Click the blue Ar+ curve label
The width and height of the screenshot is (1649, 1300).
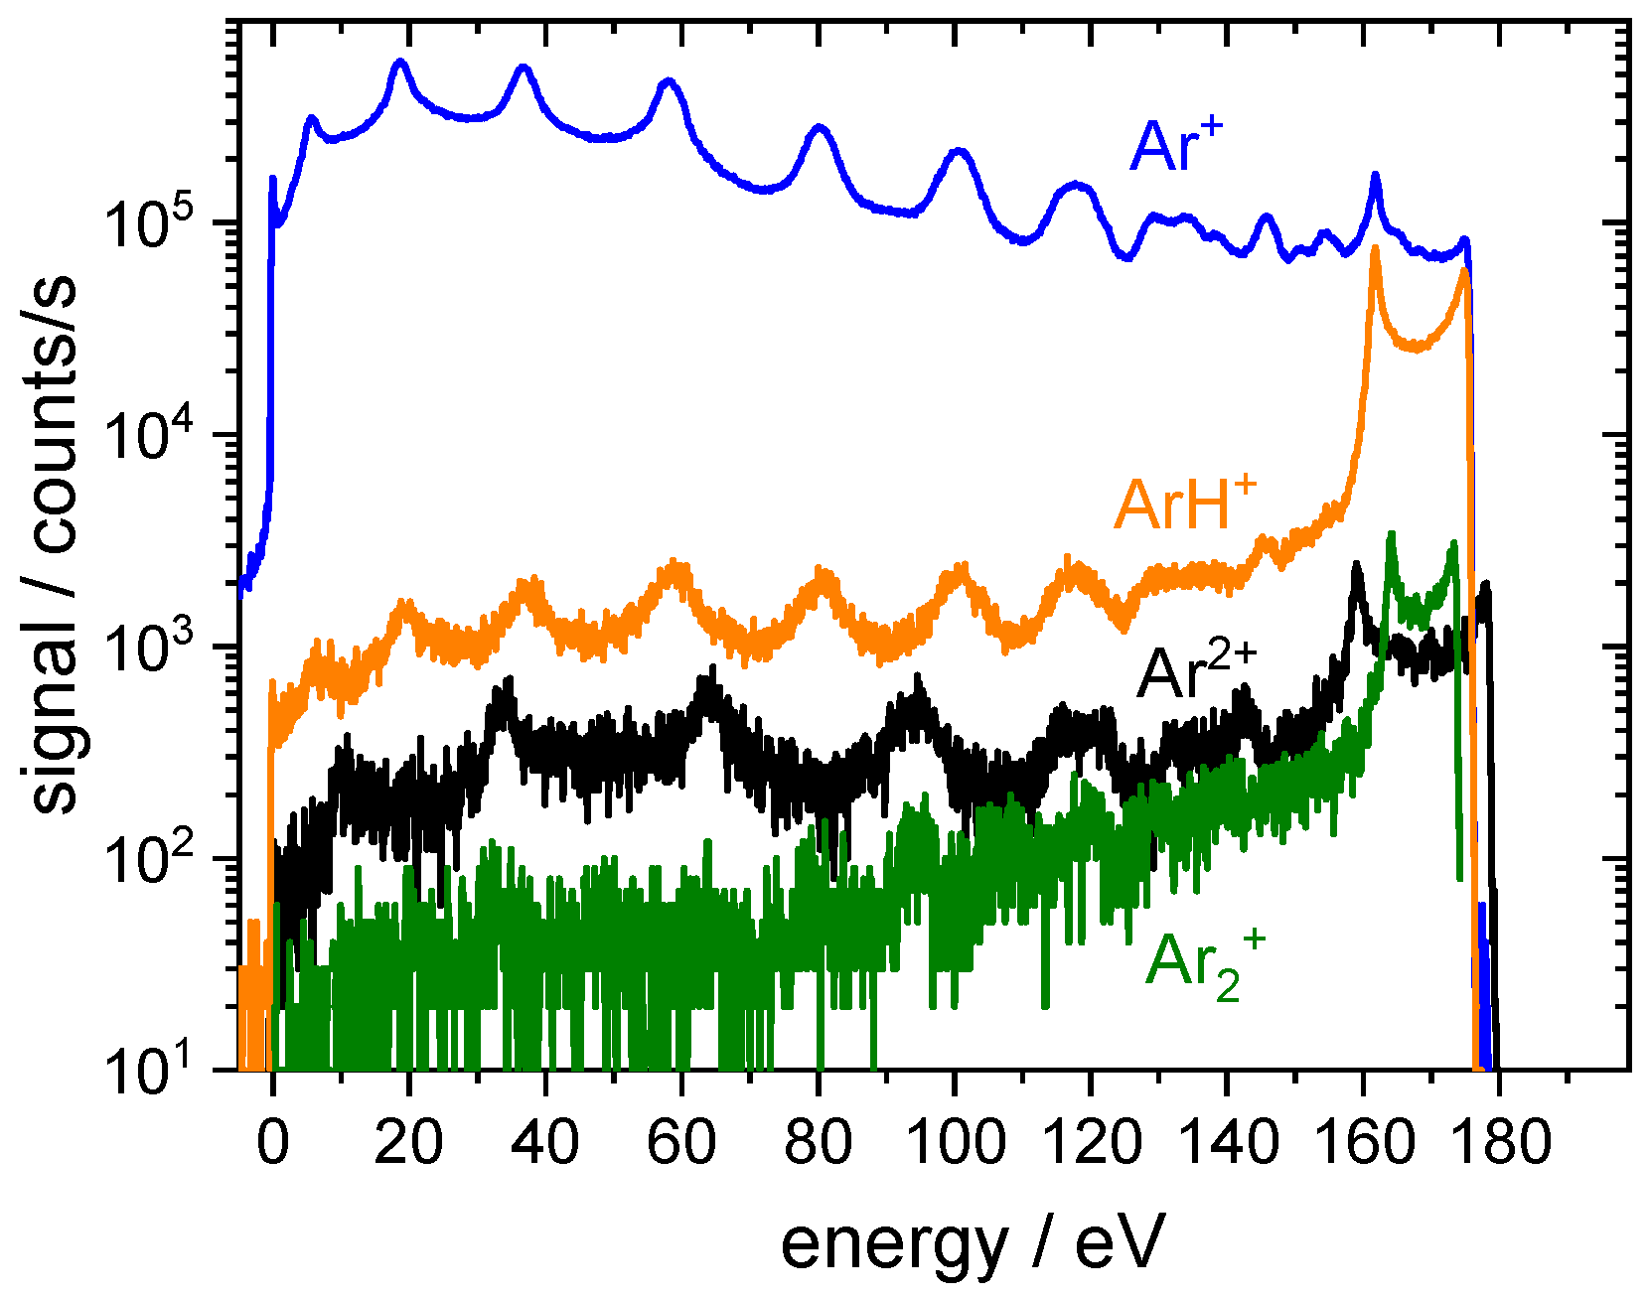[1174, 147]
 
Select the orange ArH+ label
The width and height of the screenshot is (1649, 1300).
[1184, 503]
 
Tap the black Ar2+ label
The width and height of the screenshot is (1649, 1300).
[1195, 672]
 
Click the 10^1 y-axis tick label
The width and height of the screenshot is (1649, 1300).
[159, 1073]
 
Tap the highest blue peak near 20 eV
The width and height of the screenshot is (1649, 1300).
[400, 63]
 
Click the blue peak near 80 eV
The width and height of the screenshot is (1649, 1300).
[820, 128]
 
